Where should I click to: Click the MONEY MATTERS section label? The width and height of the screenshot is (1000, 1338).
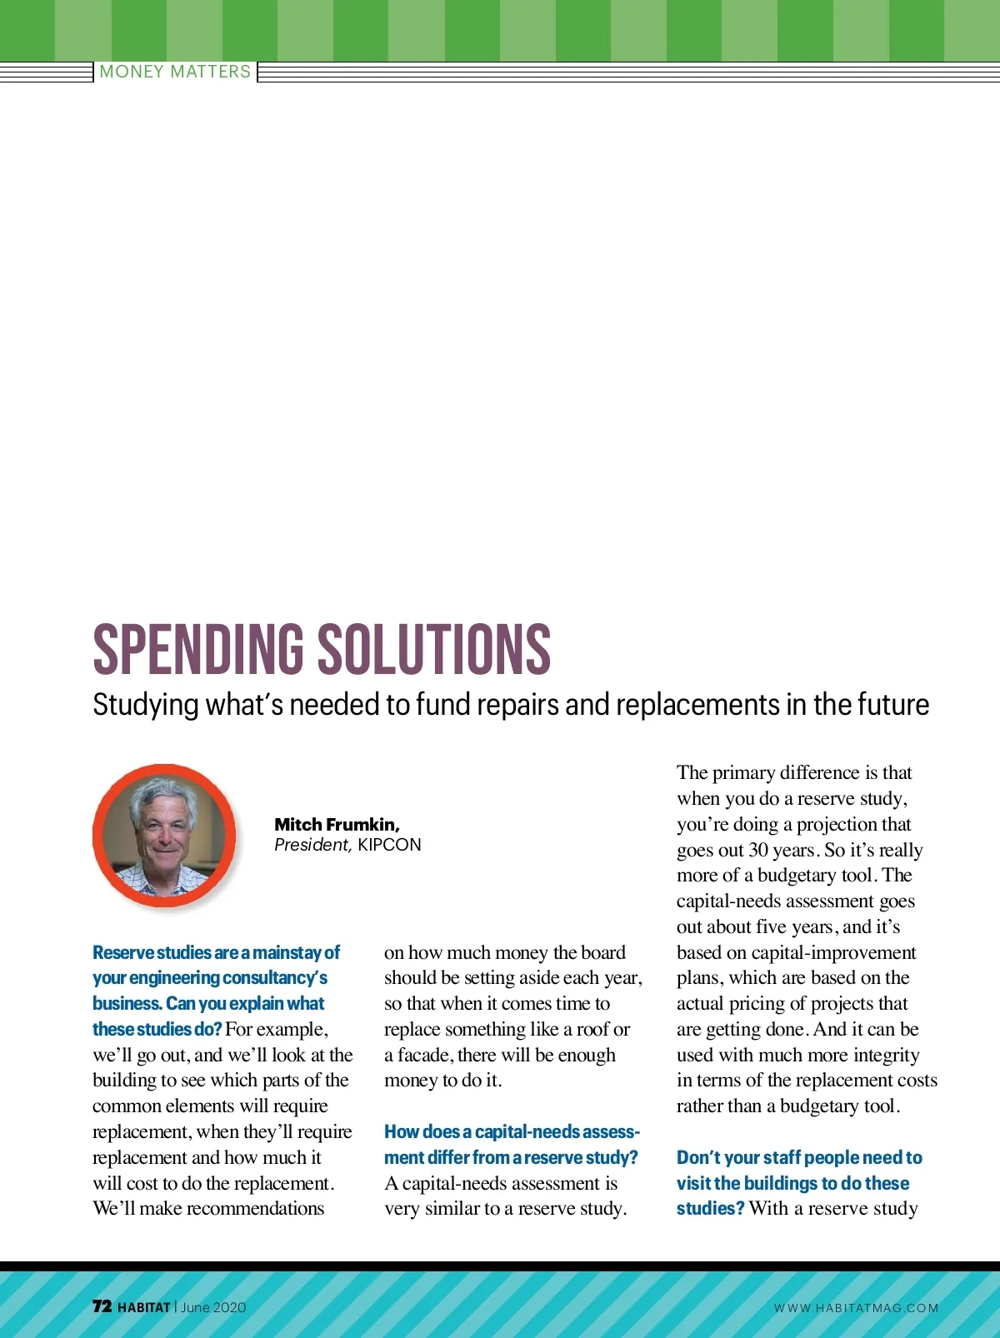pos(175,72)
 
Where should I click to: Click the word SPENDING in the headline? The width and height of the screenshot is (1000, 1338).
pos(198,649)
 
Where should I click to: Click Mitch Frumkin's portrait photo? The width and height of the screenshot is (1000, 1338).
pos(164,836)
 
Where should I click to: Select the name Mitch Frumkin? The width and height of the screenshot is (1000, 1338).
pos(337,824)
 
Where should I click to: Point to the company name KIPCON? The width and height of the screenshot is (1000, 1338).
pos(389,845)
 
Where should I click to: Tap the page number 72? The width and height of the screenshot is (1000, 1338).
pos(102,1306)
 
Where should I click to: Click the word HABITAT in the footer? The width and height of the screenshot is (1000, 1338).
pos(144,1307)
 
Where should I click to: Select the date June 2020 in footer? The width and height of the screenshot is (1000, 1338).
pos(213,1307)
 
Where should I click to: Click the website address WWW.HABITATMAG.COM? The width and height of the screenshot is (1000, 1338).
pos(856,1308)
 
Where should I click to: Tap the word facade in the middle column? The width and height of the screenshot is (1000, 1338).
pos(425,1056)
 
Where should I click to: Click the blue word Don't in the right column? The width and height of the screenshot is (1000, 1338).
pos(698,1158)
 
